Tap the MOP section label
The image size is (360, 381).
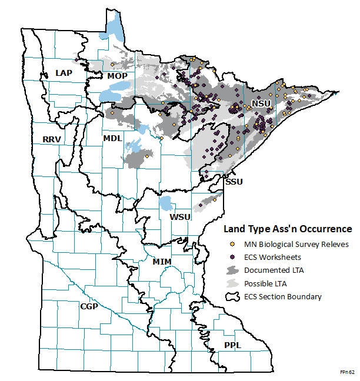pyautogui.click(x=118, y=76)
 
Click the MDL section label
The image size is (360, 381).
pyautogui.click(x=112, y=138)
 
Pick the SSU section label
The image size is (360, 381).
pyautogui.click(x=233, y=182)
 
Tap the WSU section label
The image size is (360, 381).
pyautogui.click(x=180, y=217)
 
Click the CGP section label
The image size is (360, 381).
pyautogui.click(x=89, y=306)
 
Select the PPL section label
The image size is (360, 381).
pyautogui.click(x=232, y=345)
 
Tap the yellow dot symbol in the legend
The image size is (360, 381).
pyautogui.click(x=232, y=243)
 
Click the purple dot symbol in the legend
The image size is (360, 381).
pyautogui.click(x=232, y=256)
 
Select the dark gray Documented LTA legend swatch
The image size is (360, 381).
pyautogui.click(x=233, y=270)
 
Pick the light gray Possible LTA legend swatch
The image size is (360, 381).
pyautogui.click(x=233, y=283)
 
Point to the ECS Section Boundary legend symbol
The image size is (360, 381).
pyautogui.click(x=233, y=297)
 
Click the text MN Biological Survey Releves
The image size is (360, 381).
pyautogui.click(x=296, y=243)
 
